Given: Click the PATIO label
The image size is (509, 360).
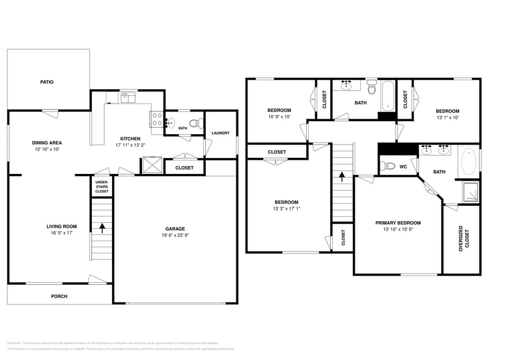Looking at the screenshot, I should pos(47,81).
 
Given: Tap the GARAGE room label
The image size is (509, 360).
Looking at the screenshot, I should pos(175,228).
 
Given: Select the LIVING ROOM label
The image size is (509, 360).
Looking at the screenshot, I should pos(61,226).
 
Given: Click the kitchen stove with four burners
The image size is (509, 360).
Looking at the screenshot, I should pos(157,119).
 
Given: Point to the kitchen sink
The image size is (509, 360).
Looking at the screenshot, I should pos(128,97).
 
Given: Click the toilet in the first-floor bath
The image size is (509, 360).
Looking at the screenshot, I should pos(195,124).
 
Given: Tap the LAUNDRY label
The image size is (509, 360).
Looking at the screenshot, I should pos(220,133).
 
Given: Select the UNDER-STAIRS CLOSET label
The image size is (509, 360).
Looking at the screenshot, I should pos(102,187).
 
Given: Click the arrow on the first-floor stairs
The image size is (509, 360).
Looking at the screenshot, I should pos(102,228).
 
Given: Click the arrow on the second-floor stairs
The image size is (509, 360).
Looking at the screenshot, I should pos(342,177).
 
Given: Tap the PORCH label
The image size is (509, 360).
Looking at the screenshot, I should pos(59,296).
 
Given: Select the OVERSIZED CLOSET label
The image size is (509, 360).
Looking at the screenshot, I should pos(461,239).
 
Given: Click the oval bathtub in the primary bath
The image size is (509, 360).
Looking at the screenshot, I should pos(468,162).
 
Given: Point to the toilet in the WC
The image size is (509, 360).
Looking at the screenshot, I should pos(386,165).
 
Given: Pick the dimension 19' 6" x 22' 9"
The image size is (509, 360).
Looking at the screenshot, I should pos(175,236).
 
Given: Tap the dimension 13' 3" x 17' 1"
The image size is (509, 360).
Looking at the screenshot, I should pos(286,209).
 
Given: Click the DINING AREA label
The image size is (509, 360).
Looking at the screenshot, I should pos(47,143).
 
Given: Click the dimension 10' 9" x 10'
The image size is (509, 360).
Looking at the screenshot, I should pos(279,117).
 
